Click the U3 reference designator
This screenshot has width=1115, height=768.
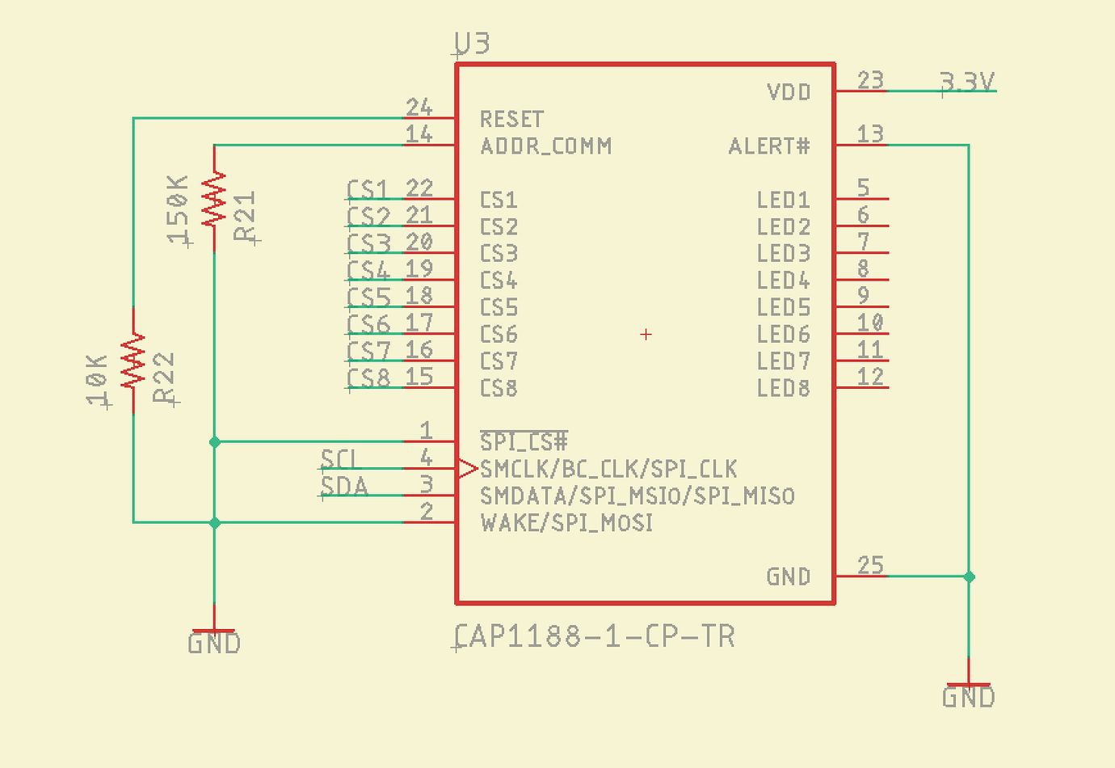tap(473, 43)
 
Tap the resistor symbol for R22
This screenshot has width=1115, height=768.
tap(133, 361)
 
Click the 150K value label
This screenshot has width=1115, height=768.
tap(178, 209)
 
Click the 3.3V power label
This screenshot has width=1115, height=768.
tap(967, 82)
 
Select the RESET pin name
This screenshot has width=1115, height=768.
tap(511, 119)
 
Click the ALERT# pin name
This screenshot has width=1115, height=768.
tap(768, 146)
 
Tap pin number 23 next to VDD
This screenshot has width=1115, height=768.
tap(870, 80)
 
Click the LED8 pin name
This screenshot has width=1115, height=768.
tap(783, 388)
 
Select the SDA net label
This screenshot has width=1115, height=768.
tap(344, 486)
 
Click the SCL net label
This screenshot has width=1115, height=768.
tap(338, 459)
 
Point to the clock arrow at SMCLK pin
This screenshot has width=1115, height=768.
tap(468, 468)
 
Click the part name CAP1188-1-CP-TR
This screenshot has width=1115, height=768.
tap(595, 636)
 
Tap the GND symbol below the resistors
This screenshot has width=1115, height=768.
tap(214, 638)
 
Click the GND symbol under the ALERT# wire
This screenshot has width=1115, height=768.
tap(968, 691)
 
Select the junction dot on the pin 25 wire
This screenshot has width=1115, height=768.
tap(969, 576)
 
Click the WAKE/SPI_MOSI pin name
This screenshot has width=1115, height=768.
tap(566, 523)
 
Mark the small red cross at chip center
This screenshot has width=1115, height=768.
tap(646, 334)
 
